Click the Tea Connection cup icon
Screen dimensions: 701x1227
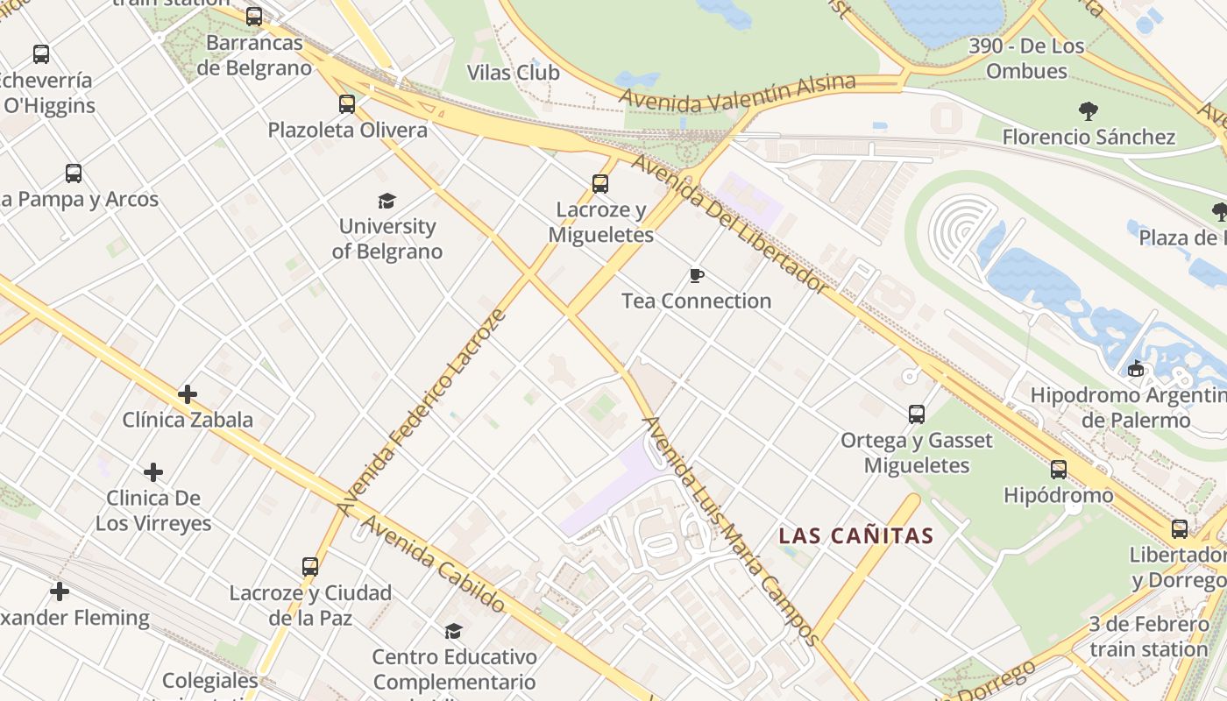(697, 276)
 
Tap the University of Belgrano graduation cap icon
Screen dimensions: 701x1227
(387, 202)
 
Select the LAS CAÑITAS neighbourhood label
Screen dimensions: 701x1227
(856, 535)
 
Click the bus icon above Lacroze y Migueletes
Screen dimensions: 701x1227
(600, 184)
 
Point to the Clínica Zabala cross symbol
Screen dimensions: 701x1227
(188, 394)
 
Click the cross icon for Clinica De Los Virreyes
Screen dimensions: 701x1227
(153, 473)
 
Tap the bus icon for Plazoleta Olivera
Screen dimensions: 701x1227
(347, 104)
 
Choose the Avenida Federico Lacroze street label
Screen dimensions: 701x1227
(422, 412)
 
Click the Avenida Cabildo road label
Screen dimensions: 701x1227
(433, 563)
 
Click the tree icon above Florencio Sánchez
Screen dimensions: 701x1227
(1089, 111)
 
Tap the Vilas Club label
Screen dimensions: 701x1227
(513, 73)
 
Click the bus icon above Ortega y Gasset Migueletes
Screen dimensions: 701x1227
(917, 414)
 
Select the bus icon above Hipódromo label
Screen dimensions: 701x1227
(1059, 470)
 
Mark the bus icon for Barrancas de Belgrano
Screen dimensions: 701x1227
(254, 17)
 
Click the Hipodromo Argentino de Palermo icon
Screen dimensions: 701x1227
(1136, 369)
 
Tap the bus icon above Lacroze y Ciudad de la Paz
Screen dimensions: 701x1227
(310, 567)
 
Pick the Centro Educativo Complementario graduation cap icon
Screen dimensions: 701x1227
(453, 631)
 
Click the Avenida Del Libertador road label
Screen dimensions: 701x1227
(729, 223)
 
